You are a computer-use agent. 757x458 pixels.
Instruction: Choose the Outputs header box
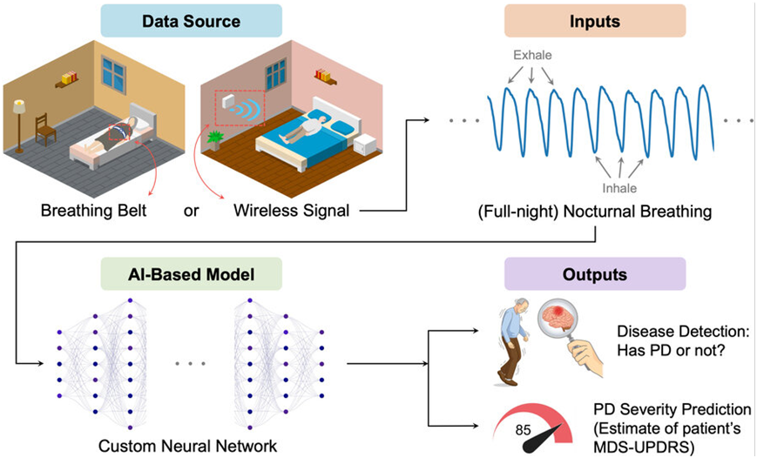coord(594,274)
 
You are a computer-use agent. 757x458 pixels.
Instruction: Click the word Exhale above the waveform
coord(531,56)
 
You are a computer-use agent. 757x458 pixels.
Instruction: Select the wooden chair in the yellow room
coord(44,131)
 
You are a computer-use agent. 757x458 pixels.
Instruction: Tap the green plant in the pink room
coord(215,138)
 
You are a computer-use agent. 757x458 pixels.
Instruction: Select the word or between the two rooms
coord(192,210)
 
